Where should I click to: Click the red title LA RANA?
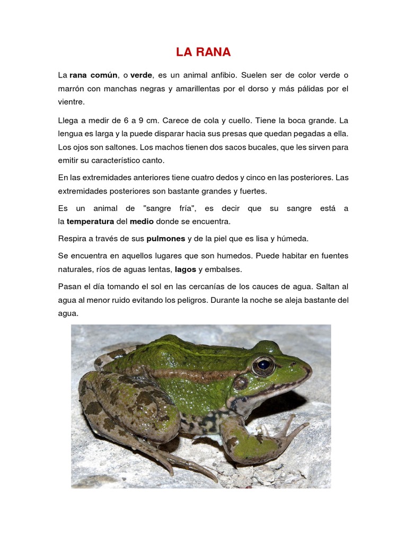[203, 52]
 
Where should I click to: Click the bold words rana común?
[93, 75]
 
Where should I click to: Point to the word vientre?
[71, 102]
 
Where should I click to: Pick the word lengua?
[71, 133]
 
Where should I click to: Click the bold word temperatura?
[90, 221]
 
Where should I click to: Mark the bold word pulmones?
[166, 239]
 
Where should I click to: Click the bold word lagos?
[185, 269]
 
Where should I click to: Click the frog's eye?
[263, 365]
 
